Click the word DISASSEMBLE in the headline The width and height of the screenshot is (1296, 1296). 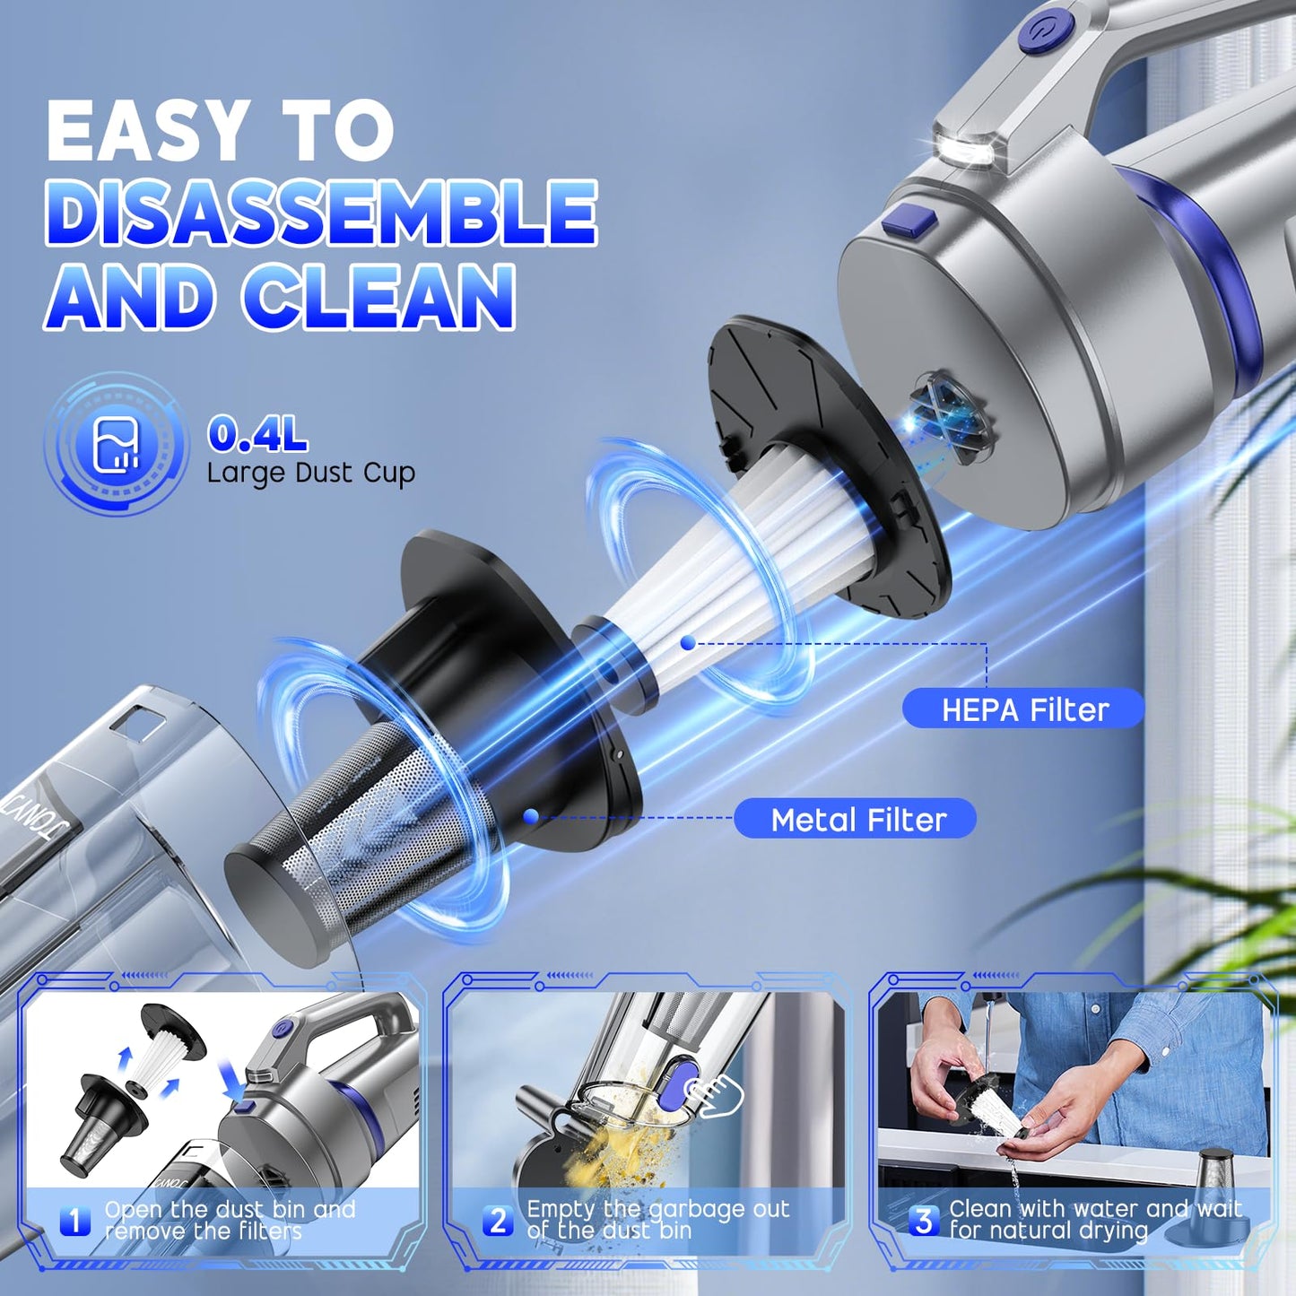[x=321, y=213]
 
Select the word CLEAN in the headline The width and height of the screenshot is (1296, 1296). [x=378, y=297]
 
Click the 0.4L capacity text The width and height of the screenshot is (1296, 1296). [x=257, y=434]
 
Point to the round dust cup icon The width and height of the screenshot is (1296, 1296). [x=116, y=443]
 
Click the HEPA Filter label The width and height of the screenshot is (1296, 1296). [x=1023, y=709]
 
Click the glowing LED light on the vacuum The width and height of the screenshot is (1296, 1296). [x=963, y=149]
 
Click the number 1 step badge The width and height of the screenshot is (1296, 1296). [x=75, y=1221]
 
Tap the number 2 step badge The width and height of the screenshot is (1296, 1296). [x=498, y=1221]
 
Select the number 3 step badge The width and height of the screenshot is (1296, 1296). [x=923, y=1221]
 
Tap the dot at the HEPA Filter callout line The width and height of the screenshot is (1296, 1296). [x=688, y=643]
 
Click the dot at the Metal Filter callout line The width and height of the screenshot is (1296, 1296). [x=531, y=816]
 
